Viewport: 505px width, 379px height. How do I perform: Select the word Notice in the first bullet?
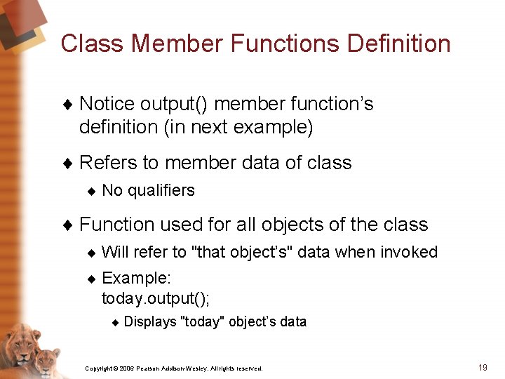coord(107,104)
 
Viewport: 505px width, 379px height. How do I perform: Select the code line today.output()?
coord(156,298)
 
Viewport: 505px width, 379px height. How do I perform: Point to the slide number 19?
coord(482,367)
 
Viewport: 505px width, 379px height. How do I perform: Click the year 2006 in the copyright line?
coord(126,368)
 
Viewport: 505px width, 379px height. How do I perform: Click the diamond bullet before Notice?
coord(68,105)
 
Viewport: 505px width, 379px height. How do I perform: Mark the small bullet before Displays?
coord(116,323)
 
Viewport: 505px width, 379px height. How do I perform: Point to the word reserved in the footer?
coord(250,368)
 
